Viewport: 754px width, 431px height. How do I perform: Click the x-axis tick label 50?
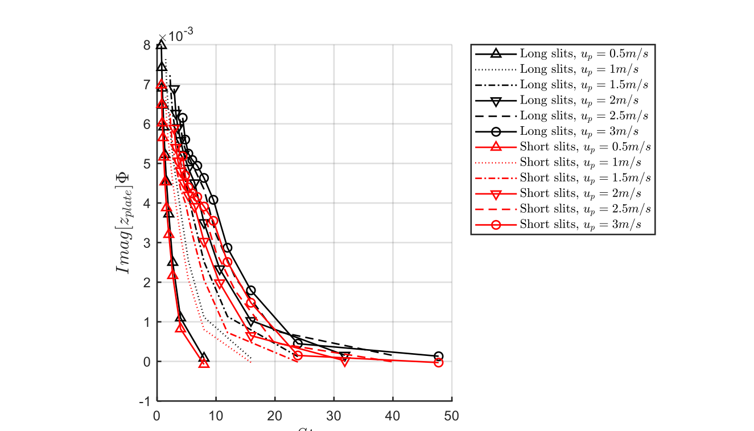[451, 416]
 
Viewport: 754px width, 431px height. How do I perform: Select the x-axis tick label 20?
[275, 416]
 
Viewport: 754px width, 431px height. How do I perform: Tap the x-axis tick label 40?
[393, 416]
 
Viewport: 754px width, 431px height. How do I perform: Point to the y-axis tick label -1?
[145, 401]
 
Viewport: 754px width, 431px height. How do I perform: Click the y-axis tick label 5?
[147, 164]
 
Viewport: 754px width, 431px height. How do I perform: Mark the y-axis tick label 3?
[147, 243]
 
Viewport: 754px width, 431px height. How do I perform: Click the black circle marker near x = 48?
[438, 356]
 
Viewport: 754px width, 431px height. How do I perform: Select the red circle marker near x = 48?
[438, 362]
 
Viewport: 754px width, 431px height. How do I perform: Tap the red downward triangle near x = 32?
[344, 361]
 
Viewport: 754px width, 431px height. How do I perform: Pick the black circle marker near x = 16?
[250, 291]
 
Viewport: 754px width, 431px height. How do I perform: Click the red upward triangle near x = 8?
[204, 363]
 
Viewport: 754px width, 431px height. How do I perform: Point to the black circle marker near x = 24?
[298, 343]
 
